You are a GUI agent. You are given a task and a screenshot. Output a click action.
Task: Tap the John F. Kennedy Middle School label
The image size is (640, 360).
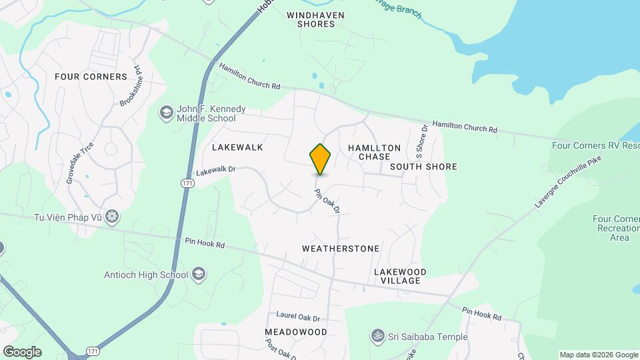[206, 114]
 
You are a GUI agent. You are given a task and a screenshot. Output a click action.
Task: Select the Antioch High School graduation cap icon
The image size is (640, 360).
[198, 274]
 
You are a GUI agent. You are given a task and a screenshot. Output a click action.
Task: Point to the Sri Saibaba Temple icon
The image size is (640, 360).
[378, 337]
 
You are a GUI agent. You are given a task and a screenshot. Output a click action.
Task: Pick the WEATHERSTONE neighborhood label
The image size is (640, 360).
[341, 249]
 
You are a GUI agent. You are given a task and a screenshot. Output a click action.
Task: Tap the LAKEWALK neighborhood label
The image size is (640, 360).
[237, 147]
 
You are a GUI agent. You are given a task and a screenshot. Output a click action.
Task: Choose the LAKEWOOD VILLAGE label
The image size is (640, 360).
[400, 276]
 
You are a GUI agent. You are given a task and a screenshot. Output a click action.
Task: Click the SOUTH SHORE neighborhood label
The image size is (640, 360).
[423, 167]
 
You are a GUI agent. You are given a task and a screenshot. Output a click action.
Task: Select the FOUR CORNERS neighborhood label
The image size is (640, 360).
[91, 77]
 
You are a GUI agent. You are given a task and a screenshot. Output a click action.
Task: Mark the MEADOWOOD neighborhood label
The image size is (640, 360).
[296, 332]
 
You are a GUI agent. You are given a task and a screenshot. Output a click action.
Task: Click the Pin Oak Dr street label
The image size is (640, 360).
[327, 201]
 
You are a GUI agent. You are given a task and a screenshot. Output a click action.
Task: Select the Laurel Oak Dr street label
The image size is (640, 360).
[298, 318]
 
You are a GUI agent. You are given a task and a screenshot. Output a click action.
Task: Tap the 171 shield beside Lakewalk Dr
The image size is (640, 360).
[189, 182]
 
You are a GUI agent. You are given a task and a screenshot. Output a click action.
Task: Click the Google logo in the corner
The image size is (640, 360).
[22, 352]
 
